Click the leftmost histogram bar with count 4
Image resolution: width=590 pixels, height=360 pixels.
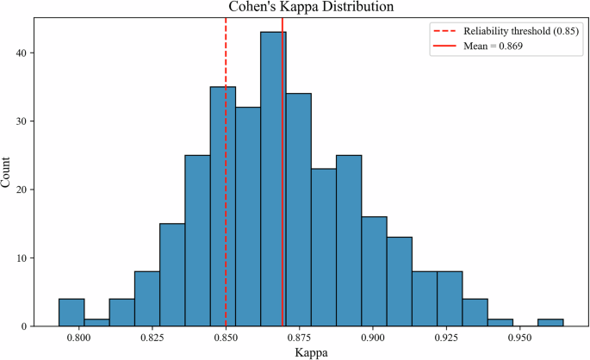point(71,313)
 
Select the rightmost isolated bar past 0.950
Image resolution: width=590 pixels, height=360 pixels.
point(550,323)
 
